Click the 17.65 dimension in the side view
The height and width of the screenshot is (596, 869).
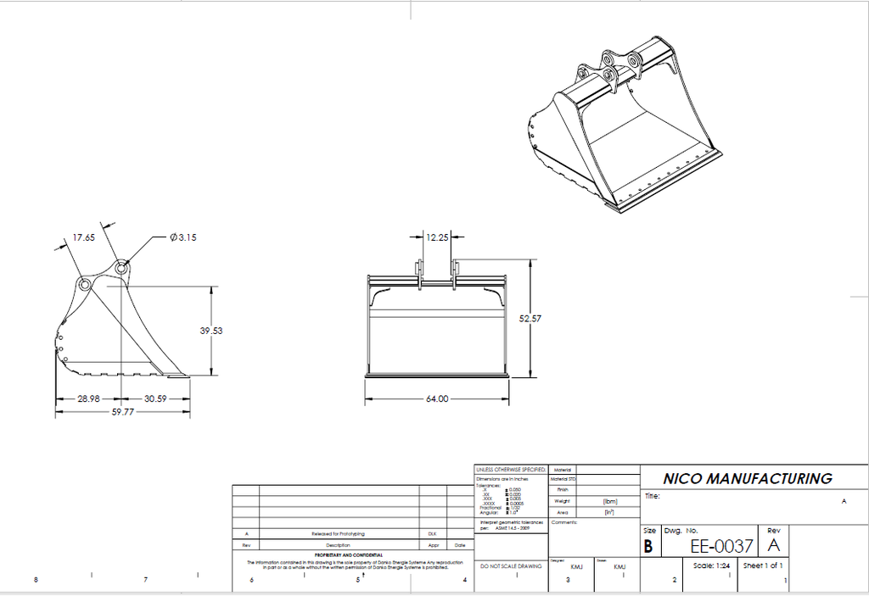pyautogui.click(x=83, y=238)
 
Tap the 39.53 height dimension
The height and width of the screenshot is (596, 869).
pyautogui.click(x=211, y=331)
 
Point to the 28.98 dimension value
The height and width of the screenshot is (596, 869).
pyautogui.click(x=89, y=398)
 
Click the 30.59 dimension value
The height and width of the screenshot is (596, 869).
pyautogui.click(x=154, y=398)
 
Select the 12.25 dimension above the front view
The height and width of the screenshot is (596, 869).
pyautogui.click(x=438, y=238)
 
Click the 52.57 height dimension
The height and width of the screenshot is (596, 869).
pyautogui.click(x=530, y=318)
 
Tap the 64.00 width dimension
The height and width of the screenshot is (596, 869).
pyautogui.click(x=437, y=398)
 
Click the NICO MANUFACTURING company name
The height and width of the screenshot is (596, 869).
pyautogui.click(x=747, y=479)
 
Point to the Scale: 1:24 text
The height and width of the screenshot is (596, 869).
pyautogui.click(x=711, y=565)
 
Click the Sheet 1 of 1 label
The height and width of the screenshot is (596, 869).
pyautogui.click(x=763, y=565)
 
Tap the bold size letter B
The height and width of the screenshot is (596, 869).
pyautogui.click(x=648, y=547)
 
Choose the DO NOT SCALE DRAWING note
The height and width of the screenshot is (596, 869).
pyautogui.click(x=511, y=565)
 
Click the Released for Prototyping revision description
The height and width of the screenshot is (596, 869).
pyautogui.click(x=339, y=534)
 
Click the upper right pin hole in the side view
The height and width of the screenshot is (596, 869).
pyautogui.click(x=122, y=268)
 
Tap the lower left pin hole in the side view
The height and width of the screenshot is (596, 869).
pyautogui.click(x=85, y=284)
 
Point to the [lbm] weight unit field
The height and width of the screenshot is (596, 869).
pyautogui.click(x=608, y=501)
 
